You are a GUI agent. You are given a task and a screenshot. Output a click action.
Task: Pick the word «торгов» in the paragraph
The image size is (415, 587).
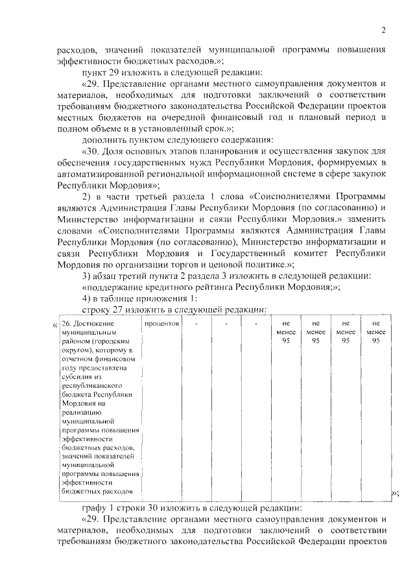point(195,265)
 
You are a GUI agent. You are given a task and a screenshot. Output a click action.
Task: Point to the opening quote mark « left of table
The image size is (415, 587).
point(54,324)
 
